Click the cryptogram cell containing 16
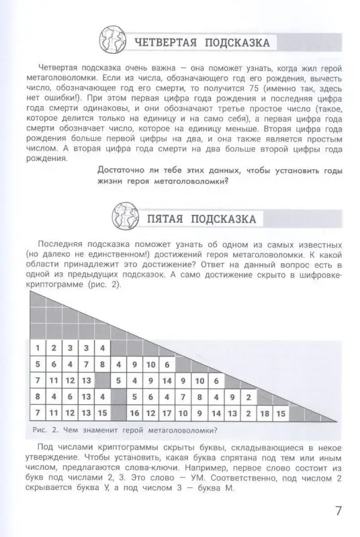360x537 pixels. pos(135,412)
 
